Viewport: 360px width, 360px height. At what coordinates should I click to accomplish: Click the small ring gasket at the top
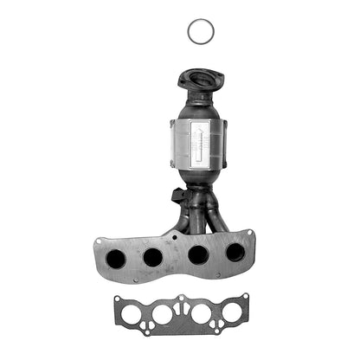pos(200,32)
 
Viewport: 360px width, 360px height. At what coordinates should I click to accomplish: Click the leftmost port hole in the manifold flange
pos(116,258)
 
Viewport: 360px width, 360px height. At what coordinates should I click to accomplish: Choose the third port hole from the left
pos(197,255)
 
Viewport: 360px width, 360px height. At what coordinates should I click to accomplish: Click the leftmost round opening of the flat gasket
pos(130,315)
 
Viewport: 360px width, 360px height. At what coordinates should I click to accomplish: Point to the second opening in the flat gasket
pos(163,314)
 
